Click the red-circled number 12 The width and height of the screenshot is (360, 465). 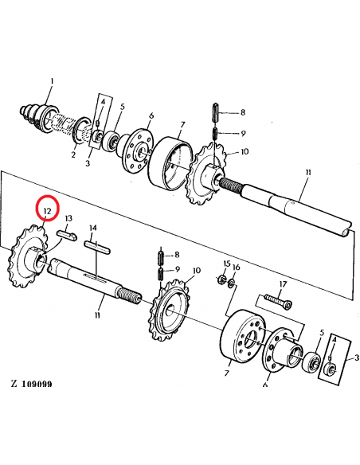point(47,210)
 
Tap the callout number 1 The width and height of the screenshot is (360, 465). point(53,81)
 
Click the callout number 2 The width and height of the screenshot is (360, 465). point(72,155)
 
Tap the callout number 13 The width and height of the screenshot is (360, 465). point(69,217)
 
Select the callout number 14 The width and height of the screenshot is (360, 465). point(93,228)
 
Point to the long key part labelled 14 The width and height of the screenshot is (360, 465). point(96,246)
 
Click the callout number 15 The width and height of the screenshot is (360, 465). point(226,264)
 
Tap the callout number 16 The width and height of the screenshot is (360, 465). point(236,267)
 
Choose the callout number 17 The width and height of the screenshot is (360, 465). point(282,284)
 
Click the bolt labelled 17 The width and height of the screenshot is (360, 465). point(272,301)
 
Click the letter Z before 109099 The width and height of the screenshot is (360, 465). point(14,384)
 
